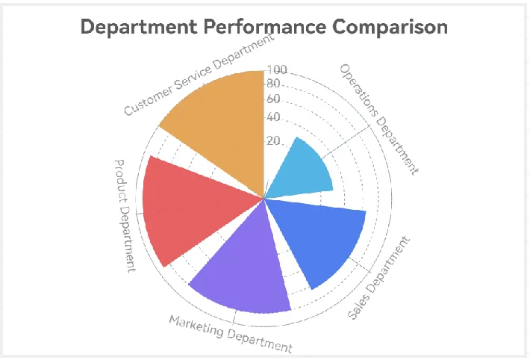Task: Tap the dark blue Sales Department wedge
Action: point(321,239)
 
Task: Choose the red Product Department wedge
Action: point(187,209)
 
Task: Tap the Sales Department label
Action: point(380,278)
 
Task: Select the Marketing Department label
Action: point(230,334)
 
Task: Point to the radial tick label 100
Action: point(277,70)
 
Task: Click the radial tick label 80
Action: point(273,84)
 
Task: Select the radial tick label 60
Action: point(273,99)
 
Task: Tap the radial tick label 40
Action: point(273,117)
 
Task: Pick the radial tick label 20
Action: point(273,141)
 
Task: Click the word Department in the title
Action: point(140,27)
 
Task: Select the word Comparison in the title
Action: point(390,27)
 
